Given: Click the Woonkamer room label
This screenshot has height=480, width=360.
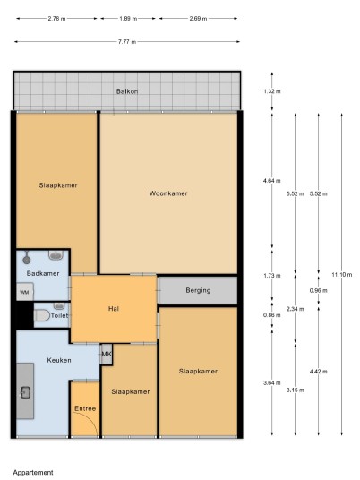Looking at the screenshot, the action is (x=168, y=193).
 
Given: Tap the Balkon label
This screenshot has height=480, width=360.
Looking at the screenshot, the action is (x=127, y=91).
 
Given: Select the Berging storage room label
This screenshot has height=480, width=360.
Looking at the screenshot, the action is (x=198, y=290).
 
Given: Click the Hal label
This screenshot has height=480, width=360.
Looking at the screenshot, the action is (x=114, y=309).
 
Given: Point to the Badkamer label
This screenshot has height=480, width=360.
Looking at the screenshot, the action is (x=43, y=273).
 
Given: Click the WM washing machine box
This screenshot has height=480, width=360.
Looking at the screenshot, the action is (x=25, y=292).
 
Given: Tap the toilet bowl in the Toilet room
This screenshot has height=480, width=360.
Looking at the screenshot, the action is (x=41, y=315).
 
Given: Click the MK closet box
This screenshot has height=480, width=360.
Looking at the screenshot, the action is (x=107, y=355).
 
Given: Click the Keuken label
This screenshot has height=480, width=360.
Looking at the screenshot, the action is (x=59, y=360).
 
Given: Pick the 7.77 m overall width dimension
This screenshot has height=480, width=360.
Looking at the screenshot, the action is (x=127, y=41).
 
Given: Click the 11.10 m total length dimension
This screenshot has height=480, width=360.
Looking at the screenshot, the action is (x=341, y=274).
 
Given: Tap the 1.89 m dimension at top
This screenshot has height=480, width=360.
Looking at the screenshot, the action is (x=128, y=19).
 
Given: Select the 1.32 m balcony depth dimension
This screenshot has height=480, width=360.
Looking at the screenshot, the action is (x=272, y=91).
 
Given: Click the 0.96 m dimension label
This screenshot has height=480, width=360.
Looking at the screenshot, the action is (x=319, y=290).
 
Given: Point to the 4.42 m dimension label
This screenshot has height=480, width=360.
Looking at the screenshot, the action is (x=319, y=372).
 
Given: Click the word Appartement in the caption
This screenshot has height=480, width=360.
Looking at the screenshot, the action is (x=33, y=473).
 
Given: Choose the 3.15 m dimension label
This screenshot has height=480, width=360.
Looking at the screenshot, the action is (x=296, y=390).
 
